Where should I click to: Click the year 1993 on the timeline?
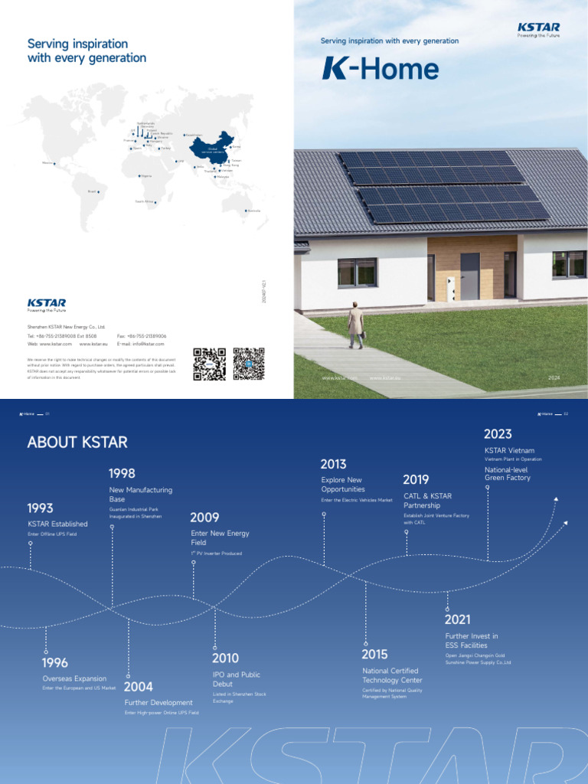(41, 508)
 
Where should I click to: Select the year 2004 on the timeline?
(139, 686)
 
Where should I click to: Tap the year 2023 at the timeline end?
(498, 434)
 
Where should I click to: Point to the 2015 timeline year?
(374, 654)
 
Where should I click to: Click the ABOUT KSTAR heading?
(77, 442)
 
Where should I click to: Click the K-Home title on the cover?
(381, 69)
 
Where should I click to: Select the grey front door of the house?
(470, 276)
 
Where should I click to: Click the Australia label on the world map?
(253, 211)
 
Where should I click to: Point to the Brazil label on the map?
(93, 191)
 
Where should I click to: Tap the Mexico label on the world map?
(47, 162)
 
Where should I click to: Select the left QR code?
(209, 363)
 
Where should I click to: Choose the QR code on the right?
(248, 363)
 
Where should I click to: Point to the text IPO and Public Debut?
(236, 679)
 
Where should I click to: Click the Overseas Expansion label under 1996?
(74, 678)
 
